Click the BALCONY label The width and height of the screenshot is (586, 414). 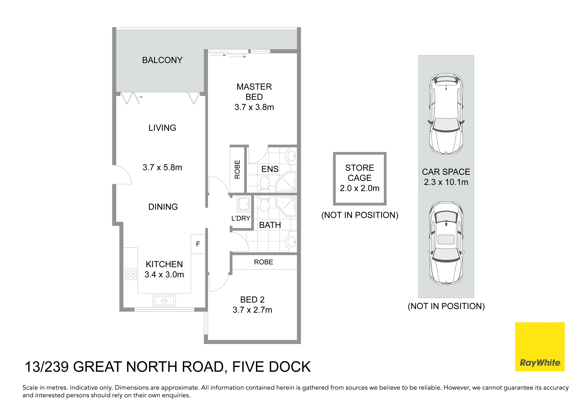click(162, 60)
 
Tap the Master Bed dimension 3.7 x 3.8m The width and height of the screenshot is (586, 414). click(254, 107)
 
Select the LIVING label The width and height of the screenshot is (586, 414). click(162, 128)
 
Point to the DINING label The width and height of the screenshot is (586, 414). click(163, 207)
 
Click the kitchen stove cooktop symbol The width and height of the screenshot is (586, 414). click(131, 274)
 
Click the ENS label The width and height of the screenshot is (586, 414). click(270, 169)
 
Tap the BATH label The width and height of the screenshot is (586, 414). click(270, 225)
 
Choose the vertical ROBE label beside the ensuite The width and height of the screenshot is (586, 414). click(237, 169)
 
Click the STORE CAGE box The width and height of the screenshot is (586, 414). click(360, 179)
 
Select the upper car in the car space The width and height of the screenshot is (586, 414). click(446, 114)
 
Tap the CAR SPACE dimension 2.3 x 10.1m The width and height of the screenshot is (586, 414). click(446, 182)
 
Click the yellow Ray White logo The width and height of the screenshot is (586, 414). click(540, 347)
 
